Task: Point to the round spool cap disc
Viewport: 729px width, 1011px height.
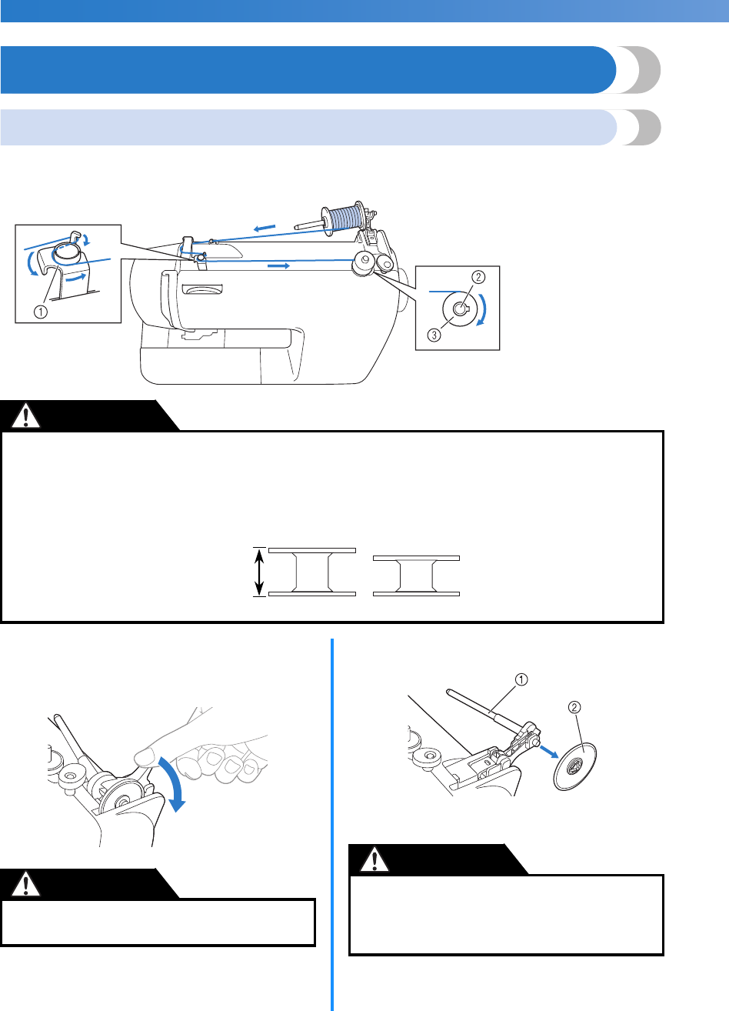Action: (574, 766)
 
